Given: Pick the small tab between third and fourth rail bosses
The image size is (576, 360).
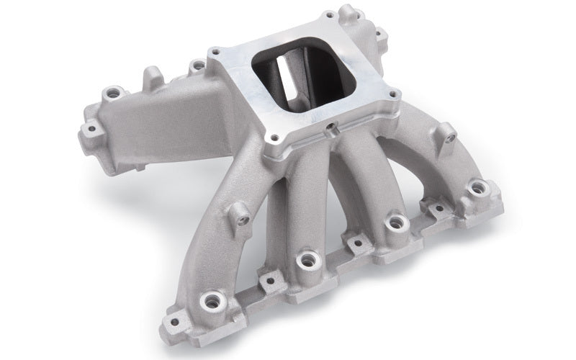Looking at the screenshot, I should pos(437,208).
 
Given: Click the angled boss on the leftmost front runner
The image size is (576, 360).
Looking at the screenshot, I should pos(243,215).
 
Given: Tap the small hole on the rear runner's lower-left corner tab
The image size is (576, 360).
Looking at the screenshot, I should pos(91,130).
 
